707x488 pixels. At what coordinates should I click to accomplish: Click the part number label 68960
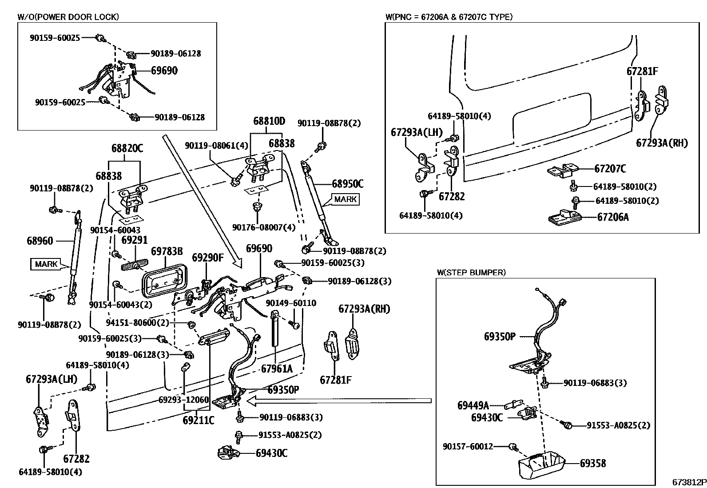tap(40, 241)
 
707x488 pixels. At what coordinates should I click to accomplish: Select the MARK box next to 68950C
tap(345, 199)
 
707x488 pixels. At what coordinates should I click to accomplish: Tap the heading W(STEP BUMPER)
tap(471, 273)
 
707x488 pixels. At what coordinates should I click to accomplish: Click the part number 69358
tap(593, 464)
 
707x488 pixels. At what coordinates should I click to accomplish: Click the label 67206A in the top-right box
tap(613, 217)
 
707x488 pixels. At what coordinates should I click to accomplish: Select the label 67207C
tap(610, 169)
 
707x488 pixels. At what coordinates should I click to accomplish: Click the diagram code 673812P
tap(688, 482)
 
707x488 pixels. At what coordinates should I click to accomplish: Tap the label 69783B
tap(167, 252)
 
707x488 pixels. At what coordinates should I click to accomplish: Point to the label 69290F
tap(208, 258)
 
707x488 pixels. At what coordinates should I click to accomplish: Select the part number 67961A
tap(277, 369)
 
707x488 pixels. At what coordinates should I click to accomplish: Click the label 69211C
tap(198, 420)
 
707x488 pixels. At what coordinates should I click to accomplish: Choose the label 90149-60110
tap(291, 303)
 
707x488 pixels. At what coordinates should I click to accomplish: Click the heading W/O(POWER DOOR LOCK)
tap(68, 17)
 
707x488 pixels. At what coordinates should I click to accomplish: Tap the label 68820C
tap(127, 148)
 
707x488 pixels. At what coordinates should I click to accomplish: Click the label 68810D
tap(269, 121)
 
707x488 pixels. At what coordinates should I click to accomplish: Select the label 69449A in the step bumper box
tap(473, 405)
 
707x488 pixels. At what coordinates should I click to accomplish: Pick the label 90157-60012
tap(468, 446)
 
